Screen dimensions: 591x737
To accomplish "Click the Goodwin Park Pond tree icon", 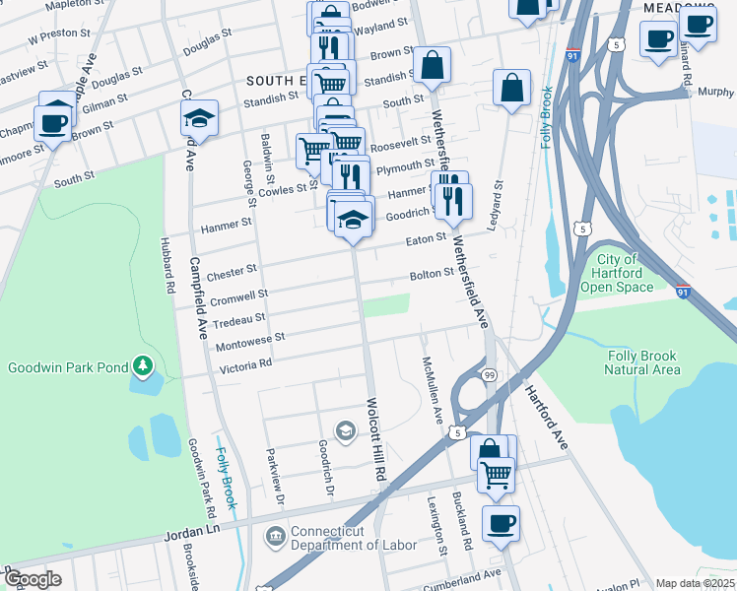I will [144, 367].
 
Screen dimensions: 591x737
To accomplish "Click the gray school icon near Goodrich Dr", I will [345, 430].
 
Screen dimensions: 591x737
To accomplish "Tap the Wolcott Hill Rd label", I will [375, 439].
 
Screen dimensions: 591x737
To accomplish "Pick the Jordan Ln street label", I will [192, 531].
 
